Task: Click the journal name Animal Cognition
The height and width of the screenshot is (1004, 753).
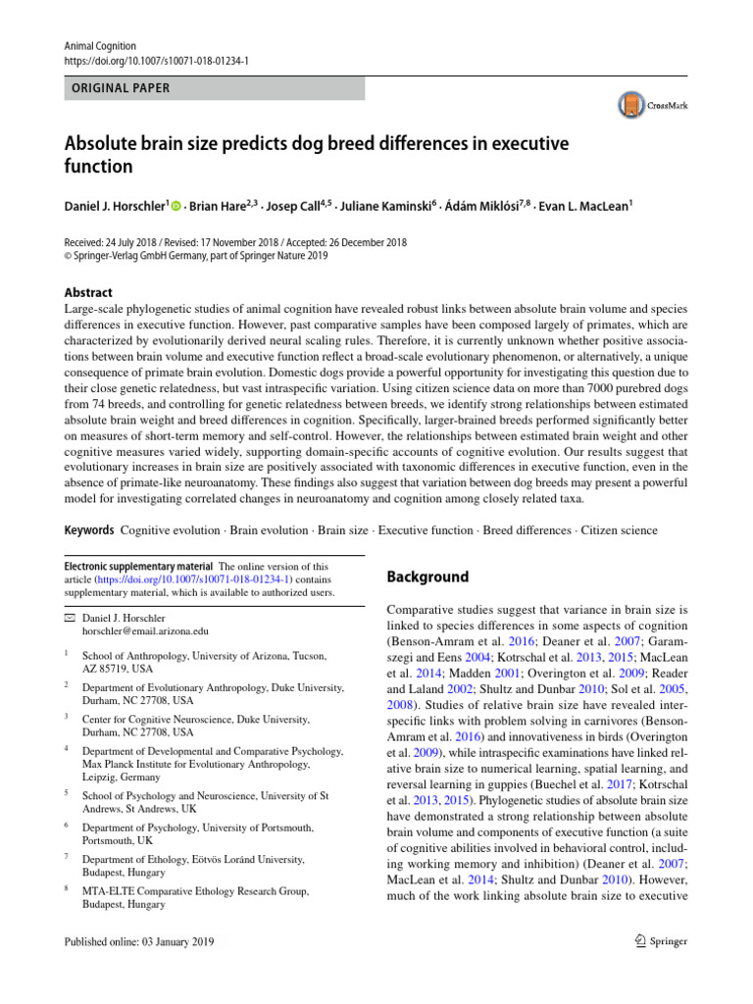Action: click(100, 45)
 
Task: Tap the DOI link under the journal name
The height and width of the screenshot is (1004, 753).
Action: click(156, 60)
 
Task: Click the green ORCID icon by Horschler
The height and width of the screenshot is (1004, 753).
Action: click(176, 205)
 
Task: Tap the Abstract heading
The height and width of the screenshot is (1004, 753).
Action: click(87, 292)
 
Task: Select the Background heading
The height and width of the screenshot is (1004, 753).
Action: click(427, 577)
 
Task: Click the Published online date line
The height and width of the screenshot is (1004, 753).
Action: click(138, 942)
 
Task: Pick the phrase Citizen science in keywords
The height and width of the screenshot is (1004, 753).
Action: click(620, 530)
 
